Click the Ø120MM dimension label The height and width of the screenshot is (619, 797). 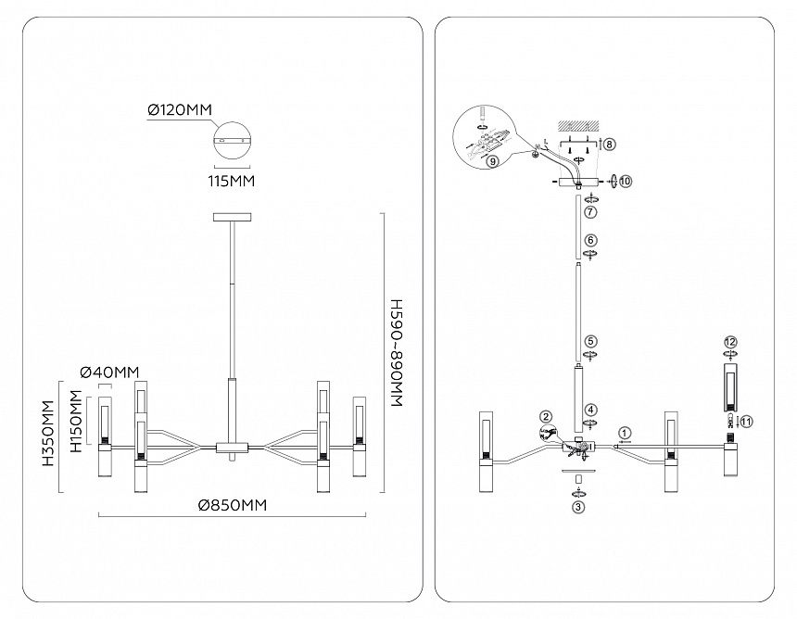(180, 110)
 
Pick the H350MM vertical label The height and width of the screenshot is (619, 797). (45, 435)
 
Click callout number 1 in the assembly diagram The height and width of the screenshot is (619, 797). (625, 433)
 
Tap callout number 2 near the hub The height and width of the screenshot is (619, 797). (547, 417)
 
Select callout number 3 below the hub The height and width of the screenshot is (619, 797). (578, 506)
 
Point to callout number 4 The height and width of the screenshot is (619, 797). (590, 409)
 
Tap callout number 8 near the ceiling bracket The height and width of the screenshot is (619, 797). (609, 144)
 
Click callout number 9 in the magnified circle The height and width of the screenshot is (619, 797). (491, 161)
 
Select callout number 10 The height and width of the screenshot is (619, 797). (626, 181)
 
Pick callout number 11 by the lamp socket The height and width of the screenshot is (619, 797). (747, 421)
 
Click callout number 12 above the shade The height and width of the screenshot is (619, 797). (730, 341)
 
